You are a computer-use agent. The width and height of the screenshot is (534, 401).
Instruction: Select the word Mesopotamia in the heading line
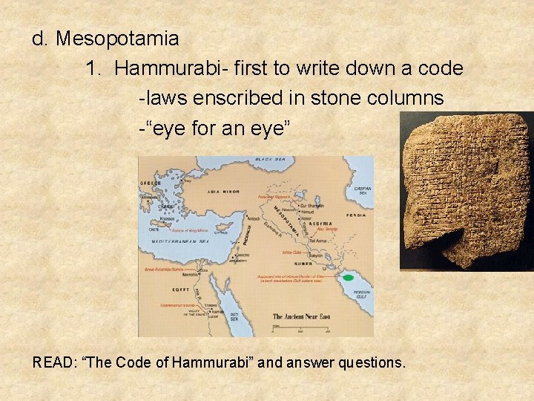pyautogui.click(x=117, y=38)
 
